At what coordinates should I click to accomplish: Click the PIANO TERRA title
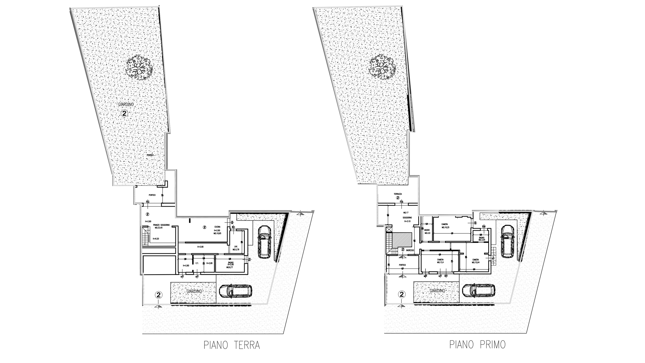[232, 345]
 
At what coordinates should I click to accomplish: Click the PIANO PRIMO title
[477, 345]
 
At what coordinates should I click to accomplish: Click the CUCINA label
[217, 227]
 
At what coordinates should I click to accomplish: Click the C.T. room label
[197, 263]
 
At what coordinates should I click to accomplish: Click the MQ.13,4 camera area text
[441, 262]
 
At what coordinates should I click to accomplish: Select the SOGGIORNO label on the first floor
[407, 218]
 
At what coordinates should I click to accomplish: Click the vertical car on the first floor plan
[507, 241]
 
